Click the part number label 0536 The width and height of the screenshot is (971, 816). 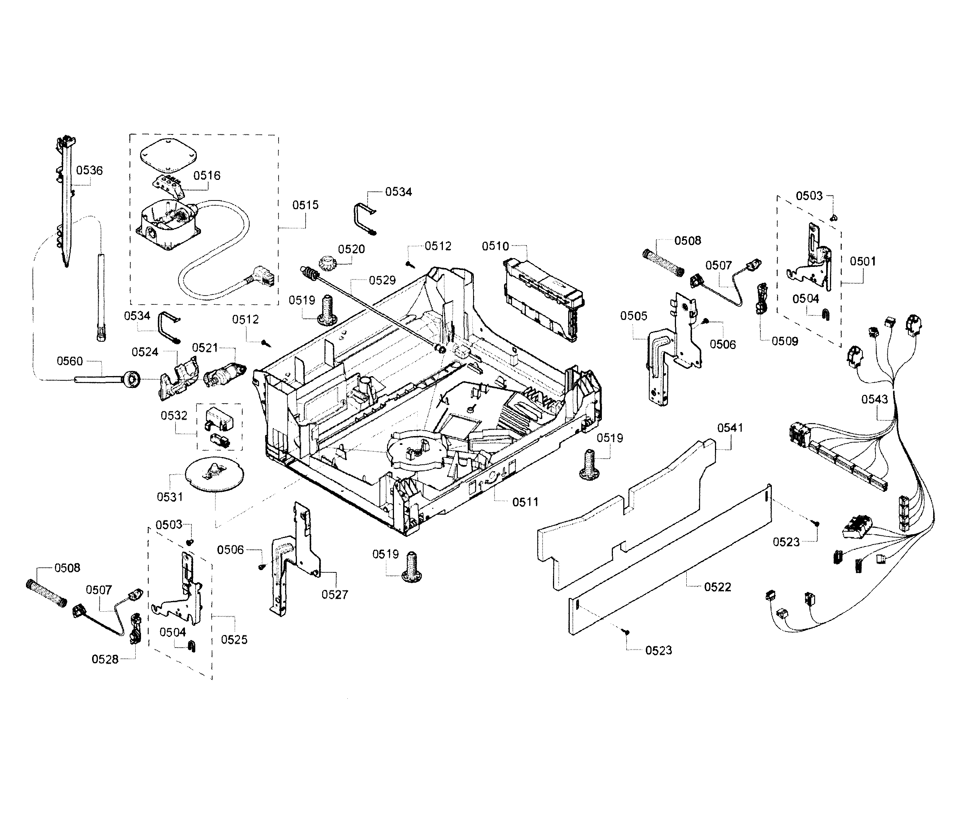(89, 170)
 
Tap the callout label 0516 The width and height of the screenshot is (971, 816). (207, 175)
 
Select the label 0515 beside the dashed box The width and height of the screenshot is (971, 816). (305, 205)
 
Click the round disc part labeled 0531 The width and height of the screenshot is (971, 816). (214, 474)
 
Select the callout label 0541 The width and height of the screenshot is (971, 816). (730, 428)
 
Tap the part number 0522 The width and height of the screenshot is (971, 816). (717, 587)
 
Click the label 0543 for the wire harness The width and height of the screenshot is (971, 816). (874, 399)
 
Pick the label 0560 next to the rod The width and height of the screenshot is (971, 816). (70, 361)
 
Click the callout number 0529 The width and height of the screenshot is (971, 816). (382, 280)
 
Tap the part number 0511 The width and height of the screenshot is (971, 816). (525, 502)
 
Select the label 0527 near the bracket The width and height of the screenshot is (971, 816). (335, 595)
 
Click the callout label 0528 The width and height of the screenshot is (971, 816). (105, 659)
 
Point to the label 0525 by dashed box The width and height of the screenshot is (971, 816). (234, 639)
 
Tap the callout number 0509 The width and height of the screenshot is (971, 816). (785, 341)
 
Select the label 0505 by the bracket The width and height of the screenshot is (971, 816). (634, 316)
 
